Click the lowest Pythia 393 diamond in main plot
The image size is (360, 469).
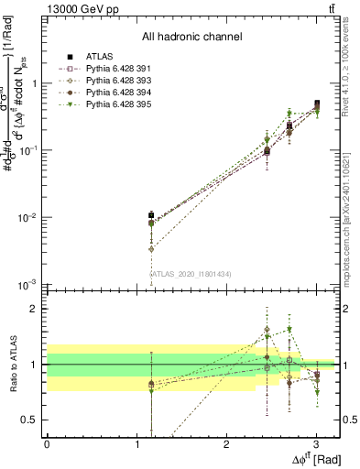150,248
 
